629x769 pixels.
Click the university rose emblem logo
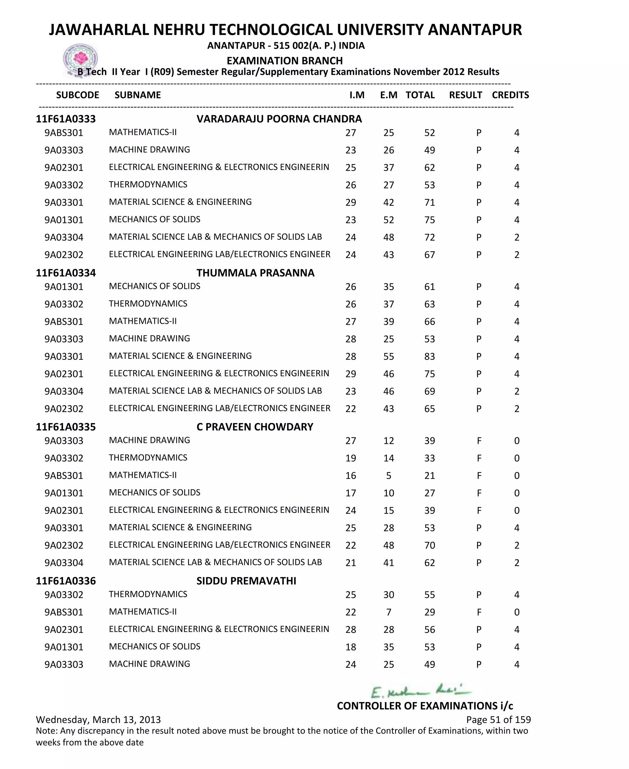[80, 59]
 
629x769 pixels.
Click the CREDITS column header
[510, 95]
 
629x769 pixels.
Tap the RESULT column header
[465, 95]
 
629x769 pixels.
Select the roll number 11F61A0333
[66, 119]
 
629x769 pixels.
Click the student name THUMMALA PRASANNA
[255, 273]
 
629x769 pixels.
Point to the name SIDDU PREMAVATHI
[246, 581]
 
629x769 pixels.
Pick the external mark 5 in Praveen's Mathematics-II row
[389, 476]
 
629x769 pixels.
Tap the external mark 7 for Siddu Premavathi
[389, 612]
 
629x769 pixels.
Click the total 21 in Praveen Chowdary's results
[429, 476]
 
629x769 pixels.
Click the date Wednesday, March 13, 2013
[98, 719]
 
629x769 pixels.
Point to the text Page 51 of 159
[498, 719]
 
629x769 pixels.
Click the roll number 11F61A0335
[66, 427]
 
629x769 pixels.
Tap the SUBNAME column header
[137, 95]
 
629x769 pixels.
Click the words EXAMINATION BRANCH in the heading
[284, 61]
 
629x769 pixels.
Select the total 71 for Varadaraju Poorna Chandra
[429, 202]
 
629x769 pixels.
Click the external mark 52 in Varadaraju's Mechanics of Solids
[389, 220]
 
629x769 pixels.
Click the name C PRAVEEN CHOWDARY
[255, 427]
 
